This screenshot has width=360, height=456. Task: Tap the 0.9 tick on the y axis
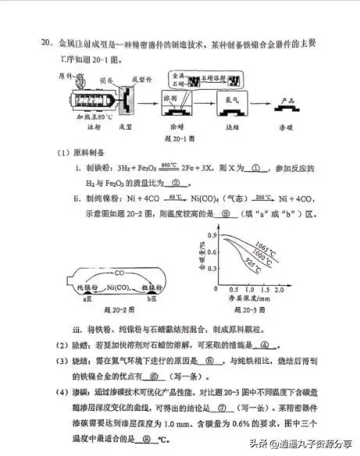(x=212, y=234)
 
